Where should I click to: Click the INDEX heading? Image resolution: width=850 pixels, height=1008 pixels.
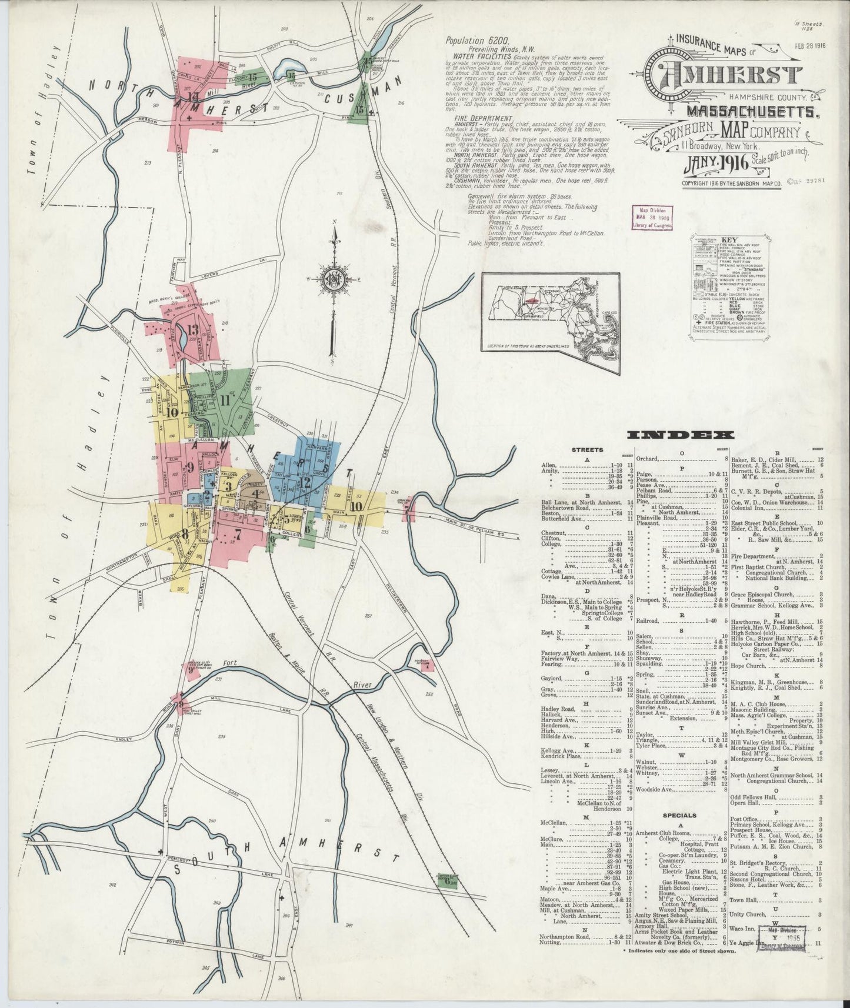click(681, 435)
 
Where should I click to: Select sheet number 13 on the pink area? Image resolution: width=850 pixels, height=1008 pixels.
click(192, 329)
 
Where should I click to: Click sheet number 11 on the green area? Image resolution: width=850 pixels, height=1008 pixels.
click(225, 399)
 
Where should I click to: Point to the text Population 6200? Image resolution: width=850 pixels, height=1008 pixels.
click(471, 41)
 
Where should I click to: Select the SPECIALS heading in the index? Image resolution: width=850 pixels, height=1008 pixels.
click(679, 816)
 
